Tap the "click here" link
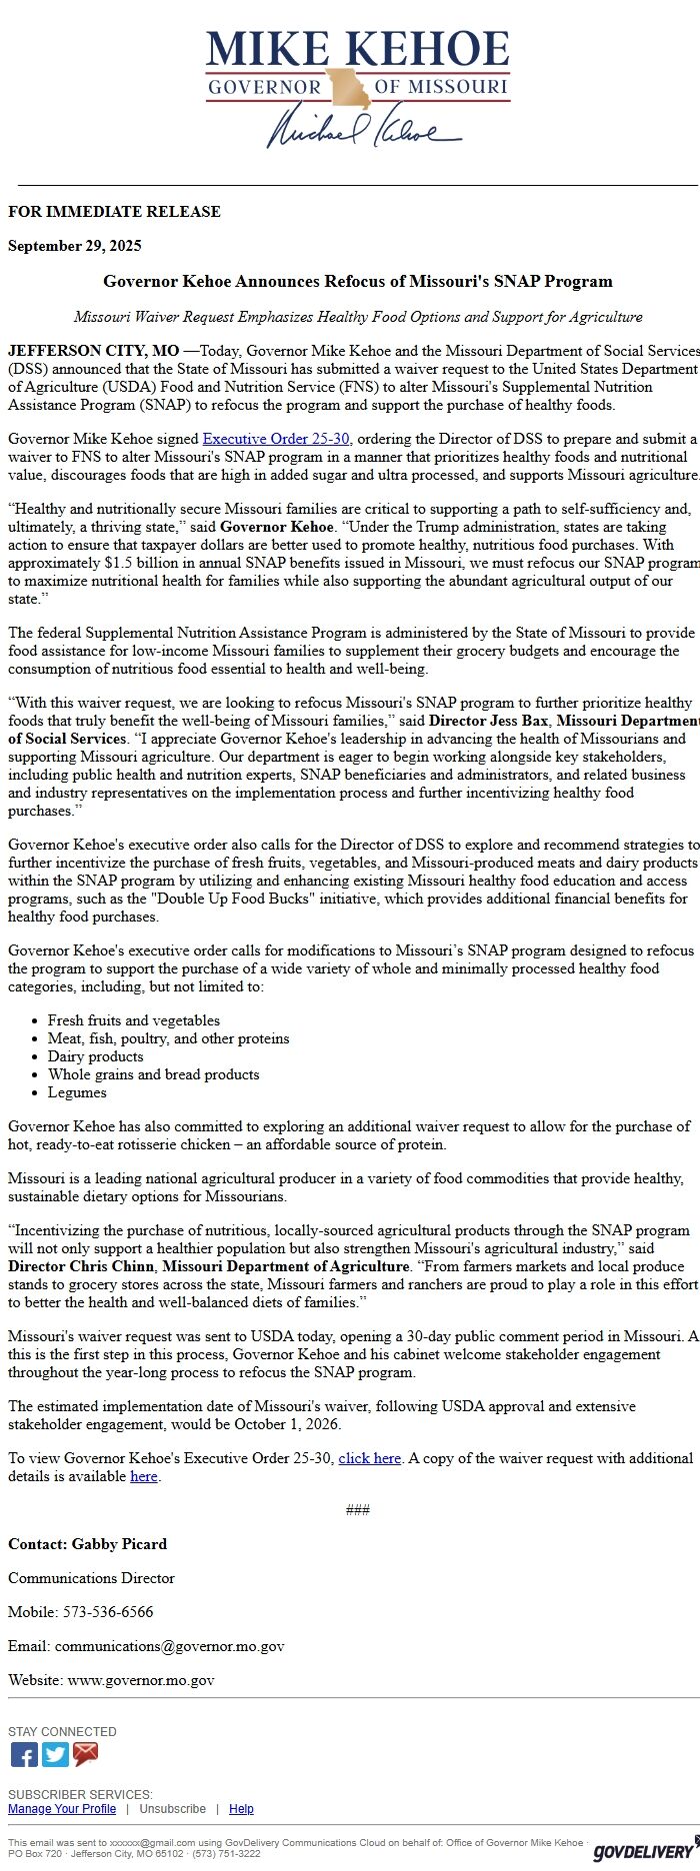coord(369,1458)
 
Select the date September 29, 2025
coord(75,246)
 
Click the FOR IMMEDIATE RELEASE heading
coord(114,212)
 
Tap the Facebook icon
coord(24,1754)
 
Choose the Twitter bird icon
coord(56,1754)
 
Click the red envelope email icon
coord(86,1754)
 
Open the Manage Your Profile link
coord(62,1809)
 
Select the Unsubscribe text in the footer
coord(172,1809)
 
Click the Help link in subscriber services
coord(241,1809)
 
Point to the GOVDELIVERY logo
coord(642,1852)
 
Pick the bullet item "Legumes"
coord(77,1092)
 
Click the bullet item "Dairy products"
coord(95,1056)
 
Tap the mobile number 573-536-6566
coord(108,1612)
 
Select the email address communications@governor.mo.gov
coord(169,1646)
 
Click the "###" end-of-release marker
coord(357,1510)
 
